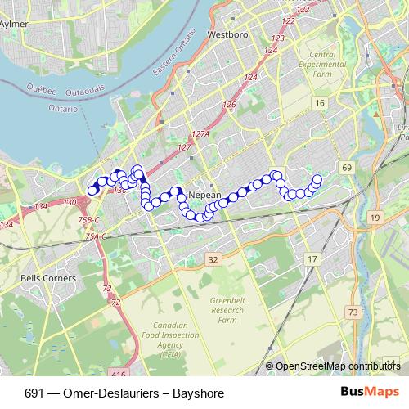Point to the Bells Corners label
click(47, 278)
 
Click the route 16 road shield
click(320, 102)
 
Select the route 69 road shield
click(347, 167)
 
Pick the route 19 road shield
click(375, 217)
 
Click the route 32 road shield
click(213, 259)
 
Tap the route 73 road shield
click(353, 312)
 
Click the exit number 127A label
click(200, 133)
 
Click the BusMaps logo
click(370, 393)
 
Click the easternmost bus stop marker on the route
click(317, 179)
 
